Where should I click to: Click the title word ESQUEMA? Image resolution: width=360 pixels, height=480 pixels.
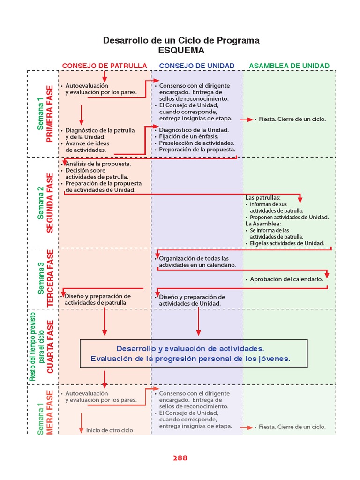pos(181,51)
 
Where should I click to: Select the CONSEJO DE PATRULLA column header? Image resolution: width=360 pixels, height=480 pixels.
pos(105,66)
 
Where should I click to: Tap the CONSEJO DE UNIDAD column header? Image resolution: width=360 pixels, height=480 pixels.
pos(197,66)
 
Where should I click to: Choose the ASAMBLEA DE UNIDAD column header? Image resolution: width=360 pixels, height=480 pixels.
pos(289,66)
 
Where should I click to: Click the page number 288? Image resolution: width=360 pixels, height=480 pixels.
pos(180,458)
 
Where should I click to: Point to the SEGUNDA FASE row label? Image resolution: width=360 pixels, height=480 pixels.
pos(50,203)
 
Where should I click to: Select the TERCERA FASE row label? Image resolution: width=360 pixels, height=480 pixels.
pos(50,278)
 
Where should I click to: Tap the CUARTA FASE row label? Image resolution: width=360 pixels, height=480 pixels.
pos(50,346)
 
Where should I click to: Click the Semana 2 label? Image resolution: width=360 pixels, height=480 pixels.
pos(41,203)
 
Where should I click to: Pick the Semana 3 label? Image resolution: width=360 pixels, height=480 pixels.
pos(41,278)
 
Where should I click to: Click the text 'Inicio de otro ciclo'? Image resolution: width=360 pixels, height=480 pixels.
pos(110,430)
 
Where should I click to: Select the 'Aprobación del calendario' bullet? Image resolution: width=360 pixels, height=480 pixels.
pos(286,279)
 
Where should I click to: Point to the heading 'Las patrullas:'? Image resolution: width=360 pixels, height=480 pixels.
pos(263,198)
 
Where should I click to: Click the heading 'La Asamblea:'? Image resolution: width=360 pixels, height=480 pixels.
pos(262,224)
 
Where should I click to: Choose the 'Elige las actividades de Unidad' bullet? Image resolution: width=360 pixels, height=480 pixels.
pos(287,243)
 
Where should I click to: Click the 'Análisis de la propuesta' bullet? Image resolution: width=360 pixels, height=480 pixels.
pos(98,164)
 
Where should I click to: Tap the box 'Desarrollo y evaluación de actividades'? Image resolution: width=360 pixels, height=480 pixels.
pos(194,353)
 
